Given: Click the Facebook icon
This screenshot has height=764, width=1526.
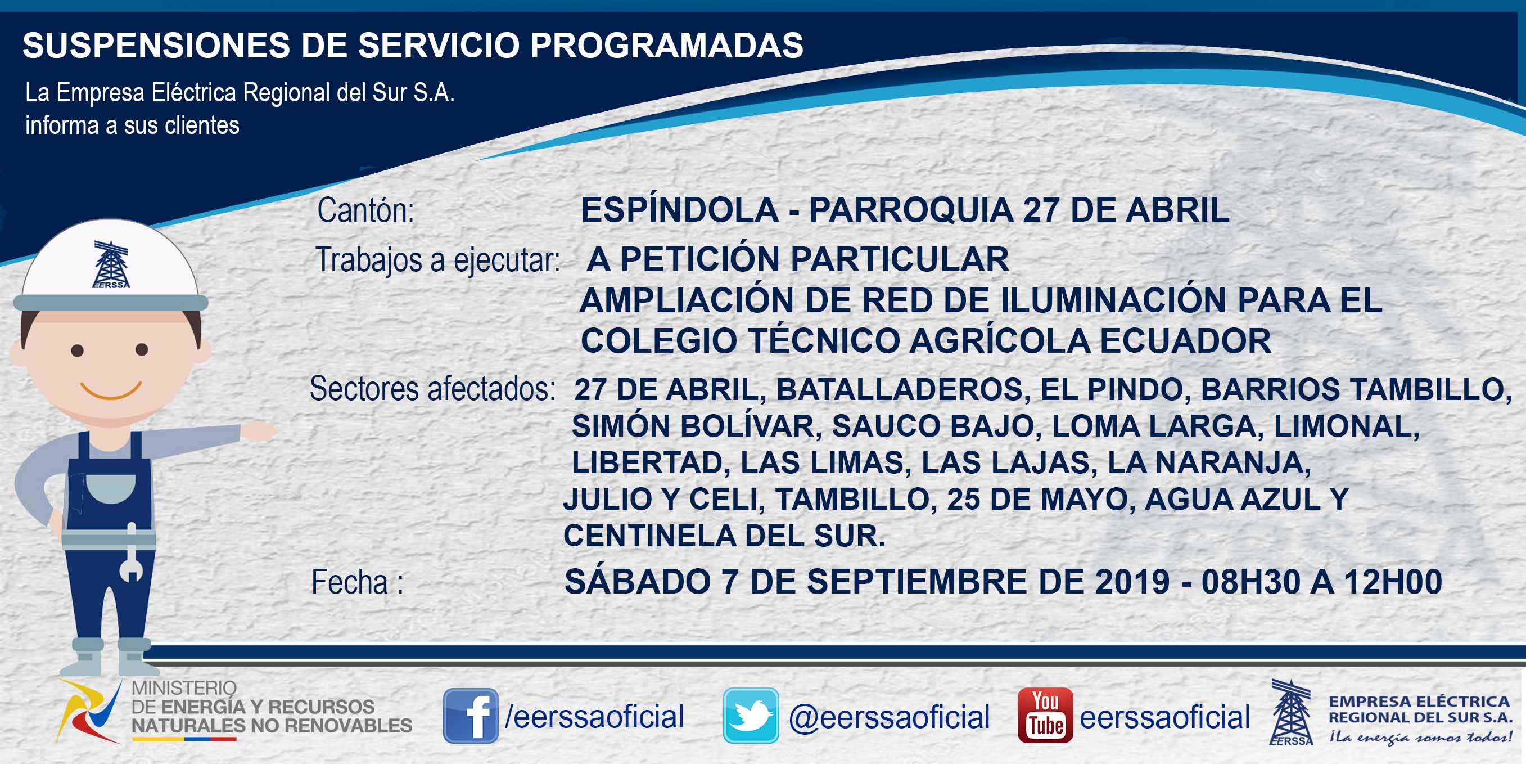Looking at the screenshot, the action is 471,716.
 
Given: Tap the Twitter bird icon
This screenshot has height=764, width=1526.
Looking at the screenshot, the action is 751,716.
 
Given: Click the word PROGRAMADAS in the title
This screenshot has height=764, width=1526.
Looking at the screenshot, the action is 666,45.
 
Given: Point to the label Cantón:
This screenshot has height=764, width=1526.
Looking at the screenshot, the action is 365,210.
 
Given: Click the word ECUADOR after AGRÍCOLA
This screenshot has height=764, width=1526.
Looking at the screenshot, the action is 1185,340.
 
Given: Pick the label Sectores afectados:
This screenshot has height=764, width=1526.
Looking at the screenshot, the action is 432,389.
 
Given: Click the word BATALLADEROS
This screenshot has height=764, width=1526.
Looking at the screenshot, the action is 899,389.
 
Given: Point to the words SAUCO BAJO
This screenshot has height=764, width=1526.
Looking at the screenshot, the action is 932,425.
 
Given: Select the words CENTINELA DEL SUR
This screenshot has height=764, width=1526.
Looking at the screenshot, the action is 724,535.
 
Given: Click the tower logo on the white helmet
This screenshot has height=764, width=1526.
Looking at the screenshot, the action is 111,265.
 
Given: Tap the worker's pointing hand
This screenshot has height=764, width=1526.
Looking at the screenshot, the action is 258,430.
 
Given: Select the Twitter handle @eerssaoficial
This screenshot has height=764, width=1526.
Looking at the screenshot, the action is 889,717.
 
